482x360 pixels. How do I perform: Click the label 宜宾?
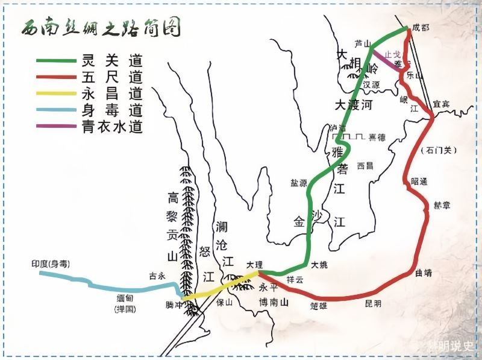click(x=441, y=104)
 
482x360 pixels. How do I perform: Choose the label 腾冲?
click(x=174, y=305)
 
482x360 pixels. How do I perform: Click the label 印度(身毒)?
click(x=51, y=264)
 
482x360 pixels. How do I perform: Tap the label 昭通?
click(x=419, y=181)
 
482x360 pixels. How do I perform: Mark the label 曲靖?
click(x=424, y=273)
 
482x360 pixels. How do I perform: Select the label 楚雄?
click(x=319, y=306)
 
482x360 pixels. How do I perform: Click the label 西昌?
click(x=365, y=165)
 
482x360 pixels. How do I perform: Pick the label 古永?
click(x=157, y=276)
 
